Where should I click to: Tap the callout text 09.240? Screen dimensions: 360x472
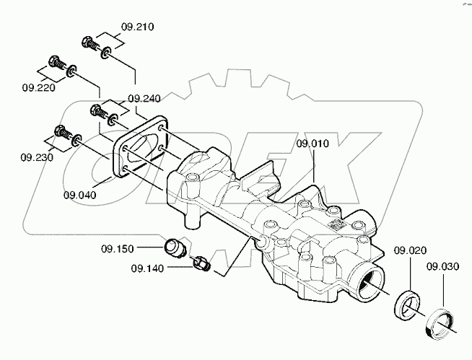click(144, 97)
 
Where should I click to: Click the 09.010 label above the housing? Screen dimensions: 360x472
click(313, 143)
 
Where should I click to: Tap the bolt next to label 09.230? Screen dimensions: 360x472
click(60, 133)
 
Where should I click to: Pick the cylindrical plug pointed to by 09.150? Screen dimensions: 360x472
click(174, 246)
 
